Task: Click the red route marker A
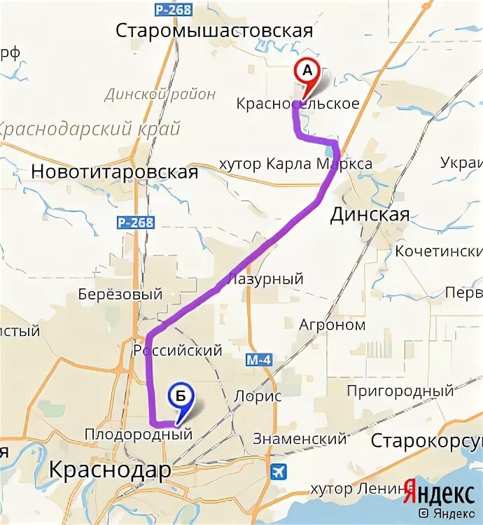pos(306,71)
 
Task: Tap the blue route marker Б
pos(180,397)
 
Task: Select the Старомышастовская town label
pos(213,31)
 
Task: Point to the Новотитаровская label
pos(115,172)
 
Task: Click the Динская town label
pos(370,215)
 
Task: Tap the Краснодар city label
pos(110,470)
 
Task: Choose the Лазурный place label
pos(266,279)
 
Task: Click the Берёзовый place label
pos(120,295)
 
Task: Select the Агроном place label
pos(332,325)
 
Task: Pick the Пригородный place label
pos(400,391)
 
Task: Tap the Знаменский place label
pos(300,439)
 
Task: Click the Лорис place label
pos(258,396)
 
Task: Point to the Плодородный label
pos(138,435)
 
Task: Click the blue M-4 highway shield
pos(258,360)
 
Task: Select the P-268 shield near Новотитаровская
pos(135,222)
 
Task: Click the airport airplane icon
pos(279,471)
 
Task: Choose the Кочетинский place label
pos(438,251)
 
